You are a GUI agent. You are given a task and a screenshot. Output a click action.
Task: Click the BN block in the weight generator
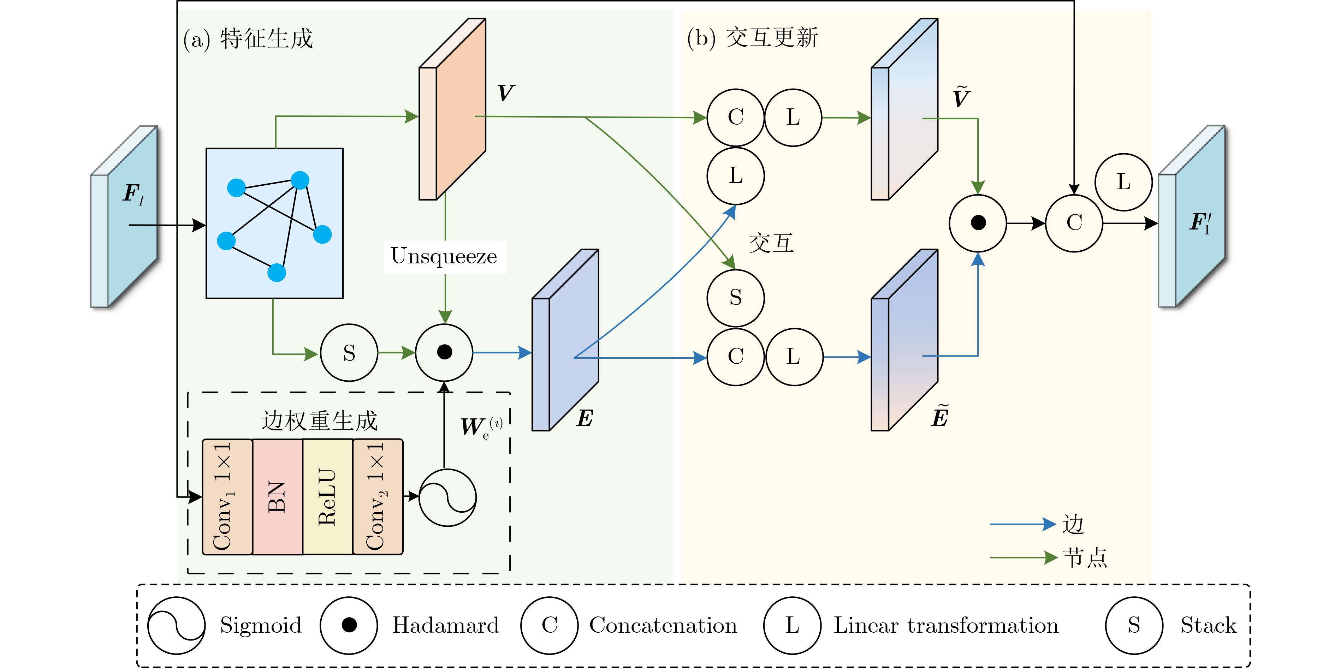coord(277,496)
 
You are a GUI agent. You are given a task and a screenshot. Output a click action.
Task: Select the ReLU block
coord(327,496)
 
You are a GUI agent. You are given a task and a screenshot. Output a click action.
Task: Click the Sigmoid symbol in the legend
coord(176,626)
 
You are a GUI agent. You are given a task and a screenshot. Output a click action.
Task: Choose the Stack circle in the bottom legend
coord(1134,626)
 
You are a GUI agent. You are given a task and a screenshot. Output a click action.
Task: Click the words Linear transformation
coord(946,626)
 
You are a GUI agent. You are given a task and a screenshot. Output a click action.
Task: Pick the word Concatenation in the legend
coord(663,626)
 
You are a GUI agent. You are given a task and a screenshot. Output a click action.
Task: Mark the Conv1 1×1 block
coord(227,496)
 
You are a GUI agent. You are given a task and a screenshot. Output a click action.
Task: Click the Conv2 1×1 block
coord(378,496)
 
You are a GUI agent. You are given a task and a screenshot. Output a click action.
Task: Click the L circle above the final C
coord(1123,182)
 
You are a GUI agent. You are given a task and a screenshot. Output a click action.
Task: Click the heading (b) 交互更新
coord(752,38)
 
